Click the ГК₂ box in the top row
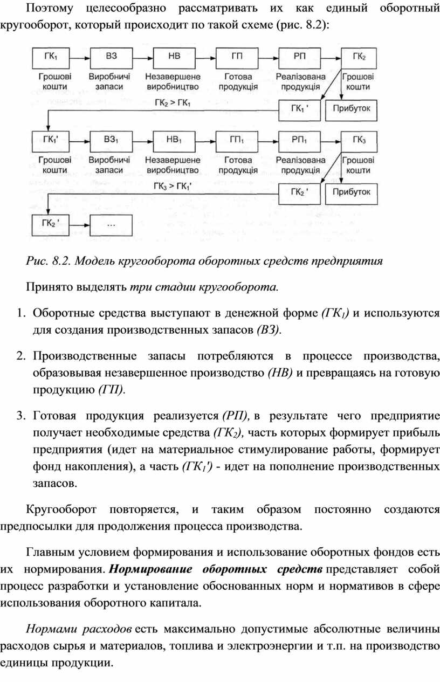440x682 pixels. pyautogui.click(x=359, y=58)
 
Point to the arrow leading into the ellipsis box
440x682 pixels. pyautogui.click(x=80, y=225)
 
